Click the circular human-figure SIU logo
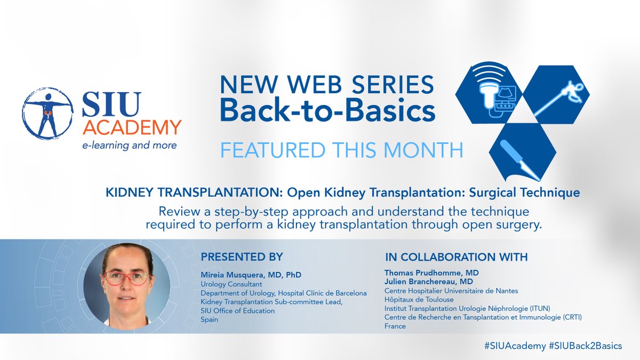[48, 114]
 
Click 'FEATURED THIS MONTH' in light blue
[341, 150]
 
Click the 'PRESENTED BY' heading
[242, 257]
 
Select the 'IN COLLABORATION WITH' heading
[456, 257]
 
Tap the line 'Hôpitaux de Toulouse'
[419, 300]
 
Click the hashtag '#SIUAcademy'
[514, 346]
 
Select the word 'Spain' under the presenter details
[210, 319]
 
